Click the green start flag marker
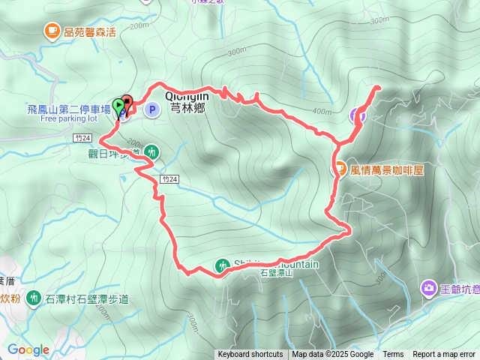point(118,106)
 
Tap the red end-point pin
point(126,105)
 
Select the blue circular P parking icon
point(151,110)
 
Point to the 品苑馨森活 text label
point(89,31)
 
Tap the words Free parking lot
point(69,118)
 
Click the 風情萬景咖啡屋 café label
point(387,170)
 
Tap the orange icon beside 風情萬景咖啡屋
point(339,169)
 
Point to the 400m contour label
point(322,112)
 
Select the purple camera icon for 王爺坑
point(429,287)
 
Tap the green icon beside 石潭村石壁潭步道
point(33,299)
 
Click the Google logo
point(28,349)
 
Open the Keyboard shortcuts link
point(250,355)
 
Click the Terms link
point(393,355)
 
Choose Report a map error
point(445,355)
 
